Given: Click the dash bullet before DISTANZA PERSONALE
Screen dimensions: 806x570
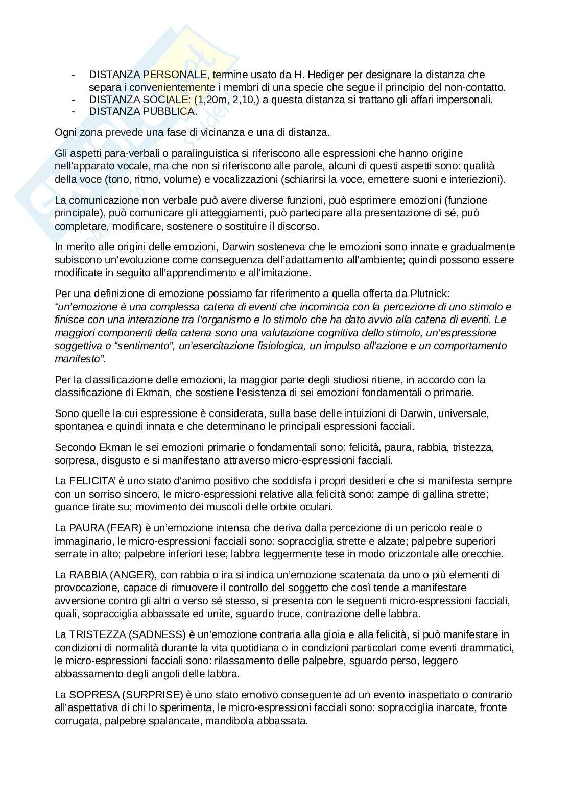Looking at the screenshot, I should (x=75, y=75).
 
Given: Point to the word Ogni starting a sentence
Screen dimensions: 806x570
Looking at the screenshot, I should (x=64, y=132).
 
